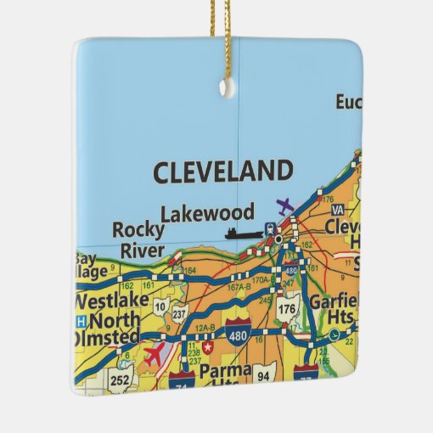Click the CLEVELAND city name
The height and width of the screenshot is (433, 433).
tap(222, 172)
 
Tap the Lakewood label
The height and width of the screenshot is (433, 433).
tap(216, 211)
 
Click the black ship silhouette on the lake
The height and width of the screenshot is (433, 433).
tap(243, 233)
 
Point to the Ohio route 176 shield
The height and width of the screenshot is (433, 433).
tap(287, 309)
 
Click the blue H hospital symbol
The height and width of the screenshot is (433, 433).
tap(81, 321)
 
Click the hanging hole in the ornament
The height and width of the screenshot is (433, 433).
tap(225, 86)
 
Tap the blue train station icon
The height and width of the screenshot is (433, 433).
tap(270, 227)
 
